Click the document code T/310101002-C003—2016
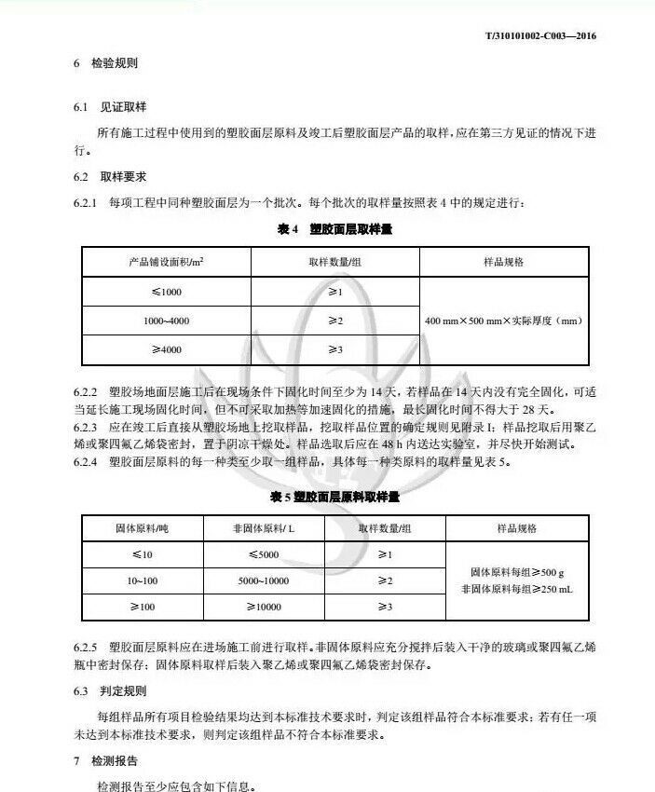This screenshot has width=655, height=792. coord(540,36)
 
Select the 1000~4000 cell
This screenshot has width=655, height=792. coord(168,321)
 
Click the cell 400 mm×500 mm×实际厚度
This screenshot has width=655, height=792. coord(503,321)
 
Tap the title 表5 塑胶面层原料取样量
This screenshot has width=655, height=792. coord(334,498)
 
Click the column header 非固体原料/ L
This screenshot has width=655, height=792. coord(265,528)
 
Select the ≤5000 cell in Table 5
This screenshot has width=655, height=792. coord(265,555)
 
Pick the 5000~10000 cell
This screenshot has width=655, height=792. coord(265,580)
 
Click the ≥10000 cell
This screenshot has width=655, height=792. coord(265,607)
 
